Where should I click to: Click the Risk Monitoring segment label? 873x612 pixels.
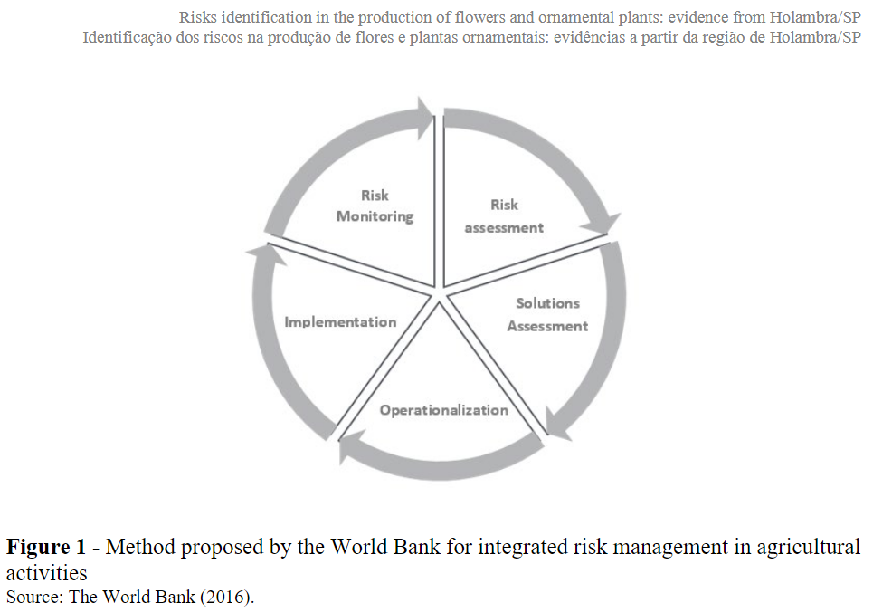pos(375,206)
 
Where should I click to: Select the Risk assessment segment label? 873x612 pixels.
pos(504,216)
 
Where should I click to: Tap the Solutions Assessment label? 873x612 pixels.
pos(547,314)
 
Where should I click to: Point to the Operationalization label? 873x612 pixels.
pos(443,410)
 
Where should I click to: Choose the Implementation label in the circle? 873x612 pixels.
pos(340,321)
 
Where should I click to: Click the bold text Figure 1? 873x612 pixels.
pos(50,547)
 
